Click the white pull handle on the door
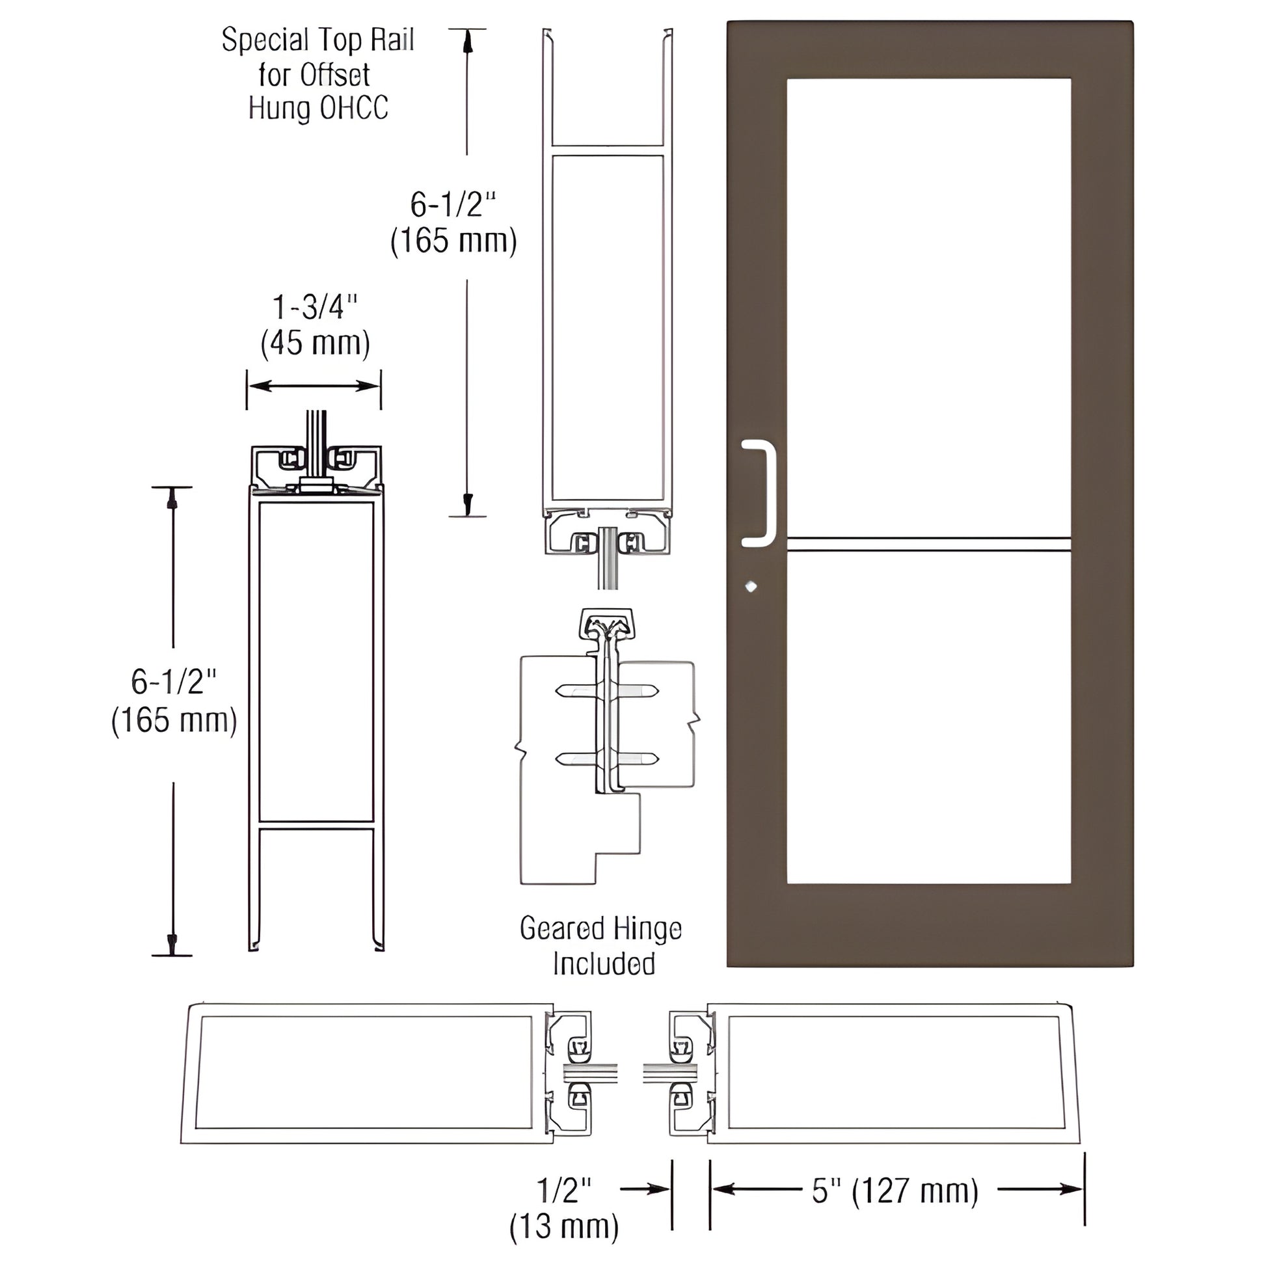tap(764, 492)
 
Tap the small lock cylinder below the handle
tap(751, 586)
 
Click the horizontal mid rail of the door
tap(928, 545)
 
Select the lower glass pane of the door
tap(928, 718)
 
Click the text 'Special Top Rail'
tap(318, 40)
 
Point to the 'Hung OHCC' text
tap(318, 108)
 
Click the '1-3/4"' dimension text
tap(315, 307)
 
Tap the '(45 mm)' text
tap(315, 343)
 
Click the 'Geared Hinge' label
tap(601, 928)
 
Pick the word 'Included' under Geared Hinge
tap(604, 963)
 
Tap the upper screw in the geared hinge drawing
tap(607, 691)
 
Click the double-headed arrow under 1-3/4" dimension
tap(314, 386)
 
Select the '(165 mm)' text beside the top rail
tap(453, 241)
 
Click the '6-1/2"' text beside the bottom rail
tap(174, 682)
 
